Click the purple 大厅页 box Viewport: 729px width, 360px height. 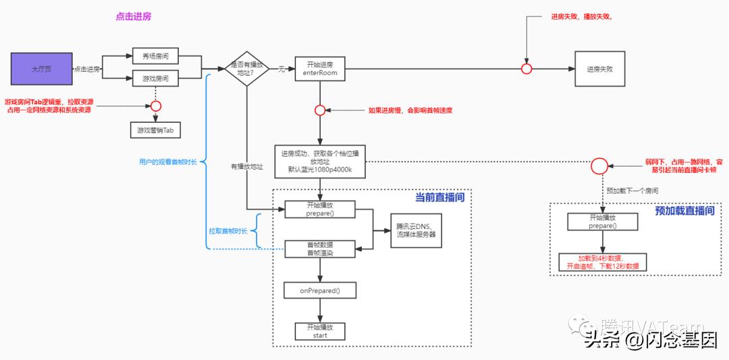tap(40, 69)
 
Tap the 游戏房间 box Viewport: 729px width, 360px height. tap(155, 78)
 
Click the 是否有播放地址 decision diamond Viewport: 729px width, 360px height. tap(247, 68)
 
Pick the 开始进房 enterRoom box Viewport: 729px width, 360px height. tap(321, 68)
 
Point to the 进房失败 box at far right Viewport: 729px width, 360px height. tap(599, 69)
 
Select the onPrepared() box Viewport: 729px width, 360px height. tap(320, 290)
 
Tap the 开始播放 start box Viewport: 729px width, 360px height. tap(320, 331)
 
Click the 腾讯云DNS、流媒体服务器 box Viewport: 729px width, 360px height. tap(416, 230)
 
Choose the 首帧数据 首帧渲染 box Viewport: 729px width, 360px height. tap(320, 249)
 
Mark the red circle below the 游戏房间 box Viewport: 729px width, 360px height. tap(156, 105)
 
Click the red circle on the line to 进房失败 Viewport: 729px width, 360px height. tap(526, 69)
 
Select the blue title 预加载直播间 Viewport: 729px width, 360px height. tap(684, 211)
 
